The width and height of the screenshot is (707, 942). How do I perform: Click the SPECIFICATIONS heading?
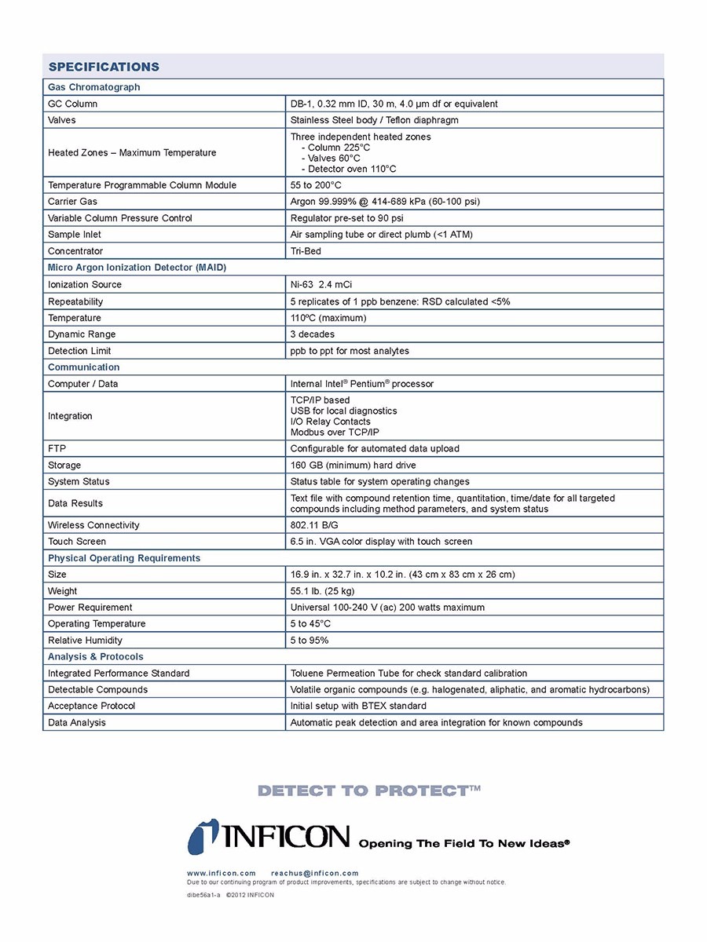tap(104, 67)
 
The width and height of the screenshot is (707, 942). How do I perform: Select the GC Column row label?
tap(73, 104)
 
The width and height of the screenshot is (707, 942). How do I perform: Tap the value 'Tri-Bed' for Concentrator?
tap(306, 251)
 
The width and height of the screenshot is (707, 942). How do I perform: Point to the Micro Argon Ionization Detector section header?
tap(137, 268)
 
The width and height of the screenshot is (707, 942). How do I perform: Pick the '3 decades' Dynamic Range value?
tap(313, 334)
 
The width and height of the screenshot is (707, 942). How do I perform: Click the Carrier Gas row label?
tap(72, 202)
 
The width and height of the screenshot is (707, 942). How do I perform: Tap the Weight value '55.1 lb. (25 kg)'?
tap(322, 591)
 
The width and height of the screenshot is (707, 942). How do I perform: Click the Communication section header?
tap(84, 367)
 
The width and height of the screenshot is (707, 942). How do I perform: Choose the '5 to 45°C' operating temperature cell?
tap(310, 624)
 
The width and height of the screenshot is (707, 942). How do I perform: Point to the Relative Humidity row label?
tap(85, 641)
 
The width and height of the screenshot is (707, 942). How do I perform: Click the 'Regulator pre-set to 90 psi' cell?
tap(346, 218)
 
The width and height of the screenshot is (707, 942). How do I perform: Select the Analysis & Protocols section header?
tap(96, 657)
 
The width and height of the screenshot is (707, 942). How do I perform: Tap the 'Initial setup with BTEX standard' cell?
tap(358, 706)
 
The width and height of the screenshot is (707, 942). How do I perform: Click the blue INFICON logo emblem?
tap(203, 837)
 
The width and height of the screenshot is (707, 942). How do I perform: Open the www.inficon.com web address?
tap(222, 873)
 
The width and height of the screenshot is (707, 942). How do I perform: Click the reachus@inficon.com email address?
tap(314, 873)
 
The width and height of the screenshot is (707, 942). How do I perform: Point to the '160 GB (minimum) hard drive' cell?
tap(353, 466)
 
